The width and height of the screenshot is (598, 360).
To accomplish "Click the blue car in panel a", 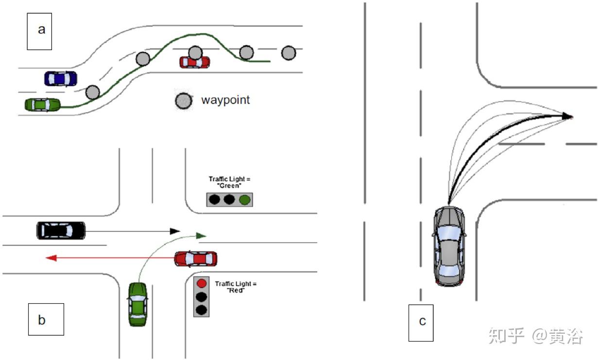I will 61,79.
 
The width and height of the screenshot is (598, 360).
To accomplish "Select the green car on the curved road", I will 43,104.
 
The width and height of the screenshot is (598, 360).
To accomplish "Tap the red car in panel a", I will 195,62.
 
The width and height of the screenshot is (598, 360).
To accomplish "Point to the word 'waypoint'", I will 225,100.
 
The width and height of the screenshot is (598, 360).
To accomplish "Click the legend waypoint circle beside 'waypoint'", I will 184,101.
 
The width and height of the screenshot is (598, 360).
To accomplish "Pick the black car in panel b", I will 61,230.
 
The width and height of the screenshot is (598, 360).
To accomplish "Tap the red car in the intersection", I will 196,259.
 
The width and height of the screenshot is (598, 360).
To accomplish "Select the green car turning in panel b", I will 138,304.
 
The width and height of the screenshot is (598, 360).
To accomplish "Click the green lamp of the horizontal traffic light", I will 245,199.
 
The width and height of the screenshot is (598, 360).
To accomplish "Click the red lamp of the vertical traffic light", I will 202,283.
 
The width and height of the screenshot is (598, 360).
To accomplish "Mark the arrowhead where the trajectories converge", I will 567,116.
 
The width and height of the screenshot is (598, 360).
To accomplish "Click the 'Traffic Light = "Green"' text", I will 230,182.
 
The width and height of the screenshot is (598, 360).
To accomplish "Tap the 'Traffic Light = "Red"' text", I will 236,287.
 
